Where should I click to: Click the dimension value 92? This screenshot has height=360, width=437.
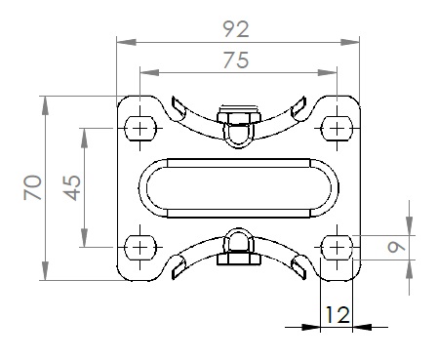pos(236,29)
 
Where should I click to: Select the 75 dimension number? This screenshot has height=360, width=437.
pos(236,60)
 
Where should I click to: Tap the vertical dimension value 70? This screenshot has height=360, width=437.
pos(33,187)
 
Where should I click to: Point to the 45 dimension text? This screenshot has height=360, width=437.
pos(72,187)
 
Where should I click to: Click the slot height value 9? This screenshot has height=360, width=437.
pos(397,248)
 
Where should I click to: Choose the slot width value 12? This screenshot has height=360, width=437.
pos(338,315)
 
